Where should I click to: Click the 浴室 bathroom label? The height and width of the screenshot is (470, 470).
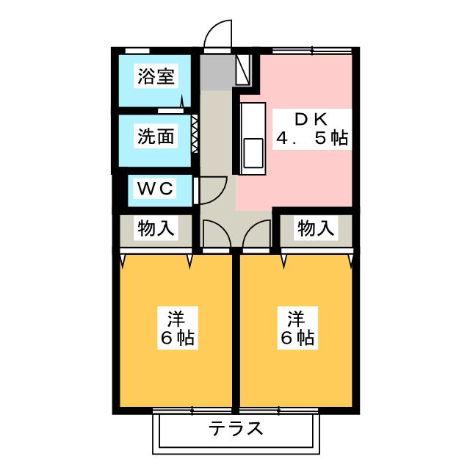click(x=156, y=76)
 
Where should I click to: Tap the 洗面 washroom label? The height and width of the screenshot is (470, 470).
click(x=156, y=137)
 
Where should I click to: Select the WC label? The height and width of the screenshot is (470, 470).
click(x=155, y=188)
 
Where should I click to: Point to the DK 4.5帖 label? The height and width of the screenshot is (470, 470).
click(x=311, y=129)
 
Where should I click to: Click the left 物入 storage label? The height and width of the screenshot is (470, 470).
click(x=156, y=228)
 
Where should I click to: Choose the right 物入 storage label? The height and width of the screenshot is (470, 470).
click(x=316, y=228)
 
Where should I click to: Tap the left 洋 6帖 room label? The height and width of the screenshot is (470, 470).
click(x=178, y=328)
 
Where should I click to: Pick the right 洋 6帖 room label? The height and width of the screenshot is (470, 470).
click(x=297, y=328)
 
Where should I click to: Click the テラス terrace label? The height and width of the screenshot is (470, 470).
click(x=236, y=428)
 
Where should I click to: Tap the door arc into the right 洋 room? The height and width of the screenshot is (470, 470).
click(x=250, y=228)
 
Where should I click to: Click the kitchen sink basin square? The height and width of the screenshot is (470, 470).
click(x=253, y=153)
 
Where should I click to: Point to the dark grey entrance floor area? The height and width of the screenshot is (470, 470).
click(x=217, y=72)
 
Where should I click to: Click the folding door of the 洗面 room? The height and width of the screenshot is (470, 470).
click(x=195, y=134)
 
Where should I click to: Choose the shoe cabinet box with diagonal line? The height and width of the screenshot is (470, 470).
click(x=243, y=70)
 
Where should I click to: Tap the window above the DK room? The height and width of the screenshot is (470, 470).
click(x=311, y=51)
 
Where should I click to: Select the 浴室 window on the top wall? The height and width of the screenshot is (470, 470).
click(x=137, y=51)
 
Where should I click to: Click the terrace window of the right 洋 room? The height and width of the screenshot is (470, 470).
click(x=278, y=411)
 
